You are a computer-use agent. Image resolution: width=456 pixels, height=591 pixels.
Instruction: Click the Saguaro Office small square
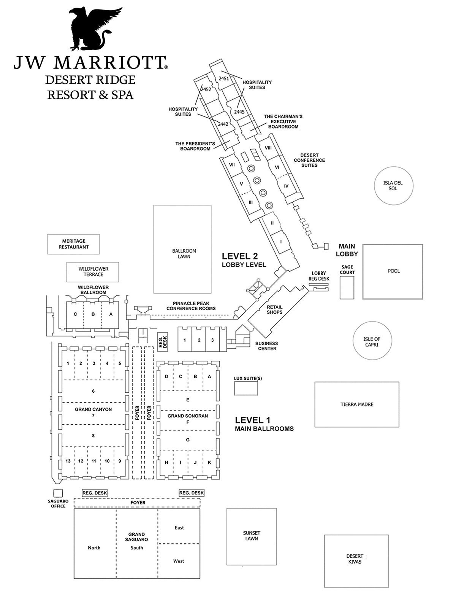coord(58,493)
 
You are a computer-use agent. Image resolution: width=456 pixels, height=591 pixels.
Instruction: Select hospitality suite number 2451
coord(224,78)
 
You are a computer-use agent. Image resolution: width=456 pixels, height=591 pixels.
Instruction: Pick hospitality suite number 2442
coord(223,124)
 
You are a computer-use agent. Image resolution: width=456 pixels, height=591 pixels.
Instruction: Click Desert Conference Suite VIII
coord(268,148)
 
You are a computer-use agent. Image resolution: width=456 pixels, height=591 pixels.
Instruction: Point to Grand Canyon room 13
coord(68,461)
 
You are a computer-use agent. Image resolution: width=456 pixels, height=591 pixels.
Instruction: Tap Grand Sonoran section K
coord(209,462)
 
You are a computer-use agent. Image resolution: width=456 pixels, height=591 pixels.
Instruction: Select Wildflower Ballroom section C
coord(75,314)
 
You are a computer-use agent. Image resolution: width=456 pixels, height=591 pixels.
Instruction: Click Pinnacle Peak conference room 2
coord(199,340)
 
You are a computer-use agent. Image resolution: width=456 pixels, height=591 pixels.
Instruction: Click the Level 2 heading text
coord(239,256)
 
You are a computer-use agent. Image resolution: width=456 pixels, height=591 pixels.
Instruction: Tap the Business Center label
coord(267,346)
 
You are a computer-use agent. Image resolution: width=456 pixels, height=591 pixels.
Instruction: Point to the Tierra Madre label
coord(357,405)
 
